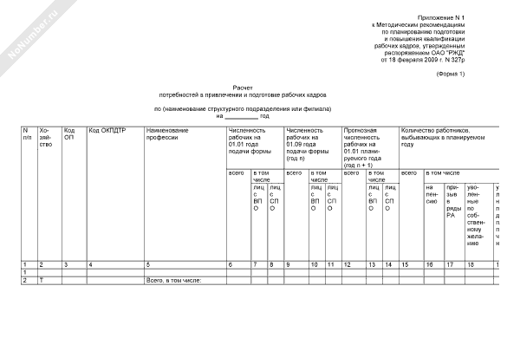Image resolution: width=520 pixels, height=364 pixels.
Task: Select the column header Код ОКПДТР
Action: [x=107, y=131]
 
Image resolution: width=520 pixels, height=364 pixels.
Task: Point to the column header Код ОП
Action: [x=69, y=133]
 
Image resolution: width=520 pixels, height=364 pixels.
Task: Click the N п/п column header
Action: [x=27, y=133]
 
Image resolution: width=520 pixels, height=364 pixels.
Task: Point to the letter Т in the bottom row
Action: [x=42, y=281]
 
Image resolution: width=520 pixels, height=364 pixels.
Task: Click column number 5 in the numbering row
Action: [x=148, y=263]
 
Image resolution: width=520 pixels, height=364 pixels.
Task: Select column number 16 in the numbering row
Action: [x=428, y=263]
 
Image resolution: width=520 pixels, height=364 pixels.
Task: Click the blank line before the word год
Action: [x=242, y=115]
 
